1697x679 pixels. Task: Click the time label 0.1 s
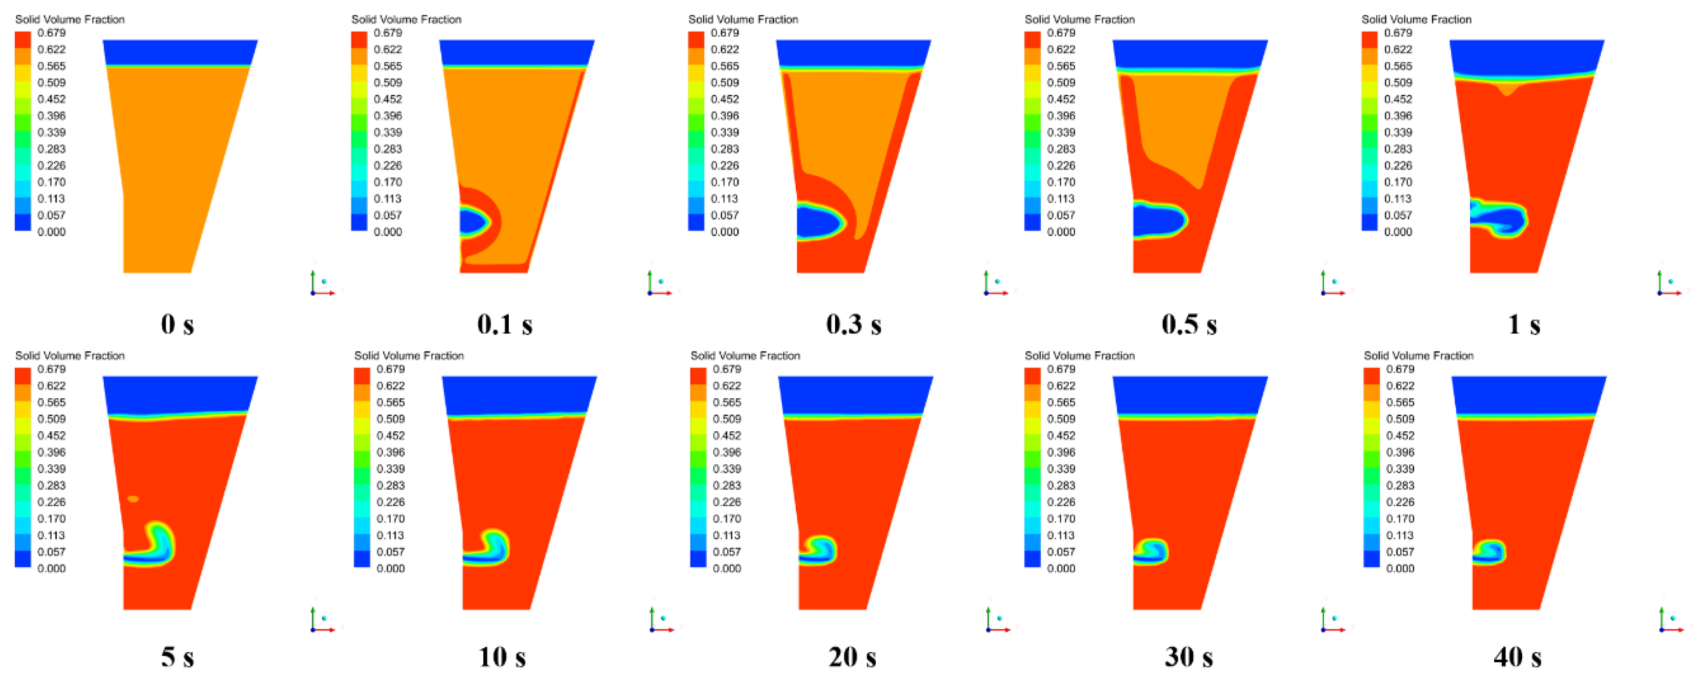[505, 324]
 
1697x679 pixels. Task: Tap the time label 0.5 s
[1189, 324]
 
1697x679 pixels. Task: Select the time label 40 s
[1517, 657]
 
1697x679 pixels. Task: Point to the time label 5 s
[177, 657]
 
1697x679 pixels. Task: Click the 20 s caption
[852, 657]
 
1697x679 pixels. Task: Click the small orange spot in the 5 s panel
[133, 499]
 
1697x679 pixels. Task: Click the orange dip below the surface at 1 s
[1507, 90]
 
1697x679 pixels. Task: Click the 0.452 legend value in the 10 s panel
[391, 435]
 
